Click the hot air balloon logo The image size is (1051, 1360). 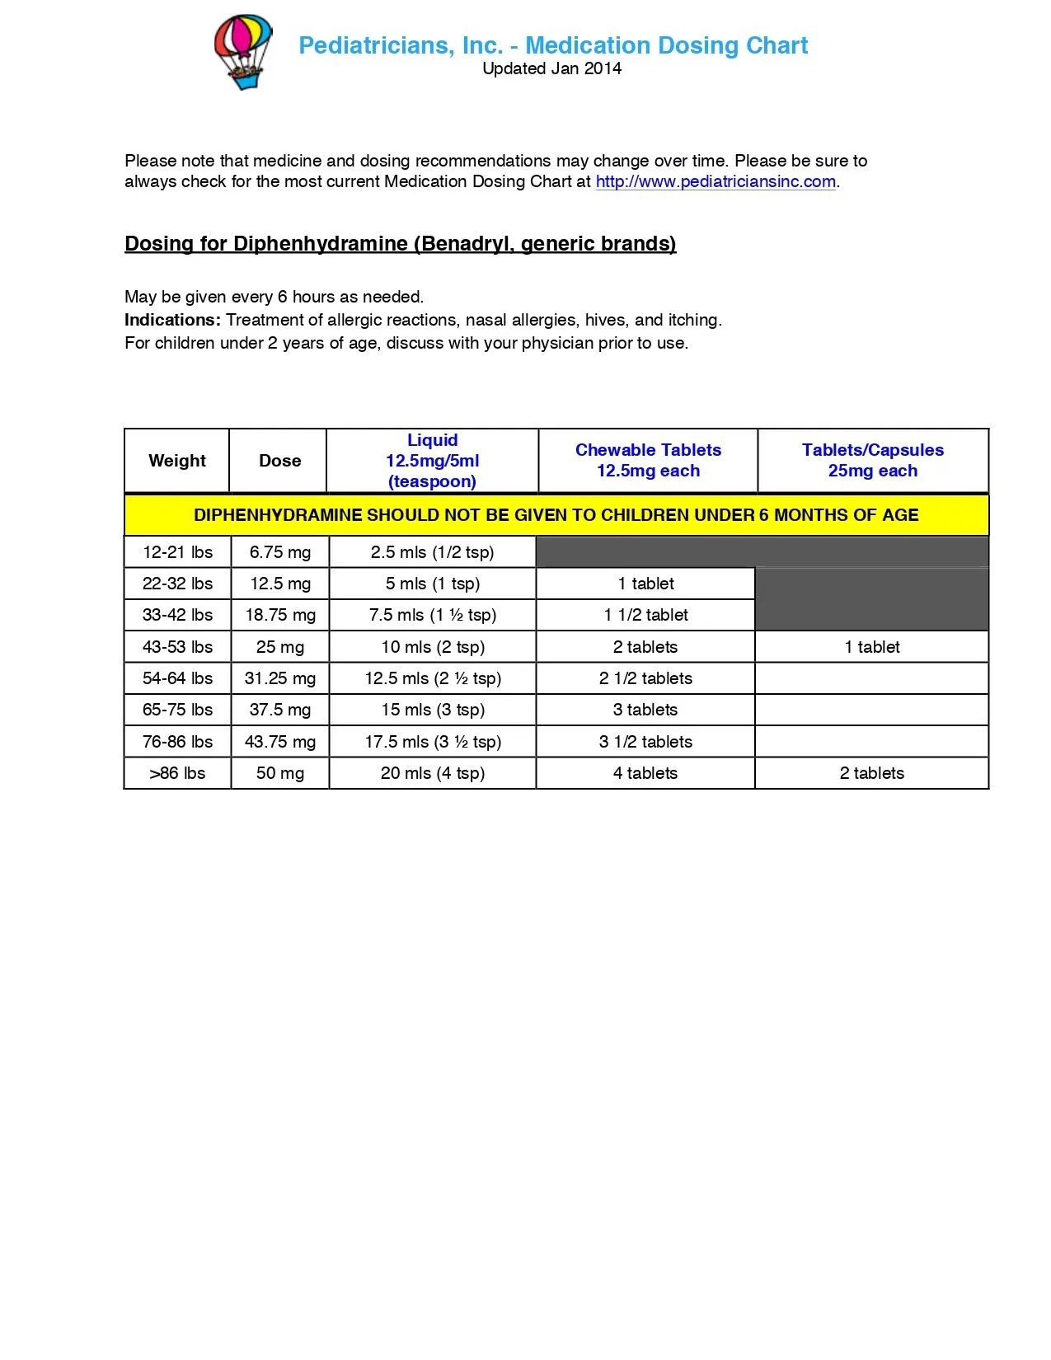[x=242, y=51]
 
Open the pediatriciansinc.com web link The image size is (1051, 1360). [x=715, y=182]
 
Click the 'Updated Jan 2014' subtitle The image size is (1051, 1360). [x=551, y=69]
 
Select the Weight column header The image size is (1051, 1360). [x=177, y=461]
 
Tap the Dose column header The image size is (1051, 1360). [x=279, y=461]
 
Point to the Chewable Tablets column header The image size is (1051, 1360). [x=648, y=461]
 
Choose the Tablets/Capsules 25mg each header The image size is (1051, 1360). [x=872, y=461]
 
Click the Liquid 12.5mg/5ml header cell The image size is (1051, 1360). [x=432, y=461]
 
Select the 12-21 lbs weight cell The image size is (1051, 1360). [x=177, y=552]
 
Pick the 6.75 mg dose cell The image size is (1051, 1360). [x=280, y=552]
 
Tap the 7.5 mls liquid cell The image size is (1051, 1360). [x=433, y=615]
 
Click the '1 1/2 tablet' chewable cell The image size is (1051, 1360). [x=645, y=615]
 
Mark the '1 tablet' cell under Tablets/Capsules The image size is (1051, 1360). [x=871, y=647]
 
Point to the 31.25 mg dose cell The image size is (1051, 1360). [x=280, y=678]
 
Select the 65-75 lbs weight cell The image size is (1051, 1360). [x=177, y=710]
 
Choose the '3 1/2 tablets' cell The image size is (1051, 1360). [x=645, y=742]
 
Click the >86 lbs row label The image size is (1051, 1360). [x=177, y=773]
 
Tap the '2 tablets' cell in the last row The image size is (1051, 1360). [x=871, y=773]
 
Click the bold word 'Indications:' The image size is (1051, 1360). [x=172, y=320]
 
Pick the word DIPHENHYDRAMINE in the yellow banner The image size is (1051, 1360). [x=278, y=515]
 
